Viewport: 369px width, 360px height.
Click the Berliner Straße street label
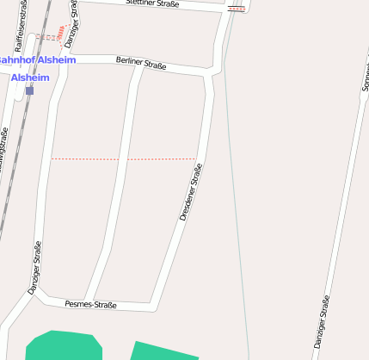click(x=140, y=63)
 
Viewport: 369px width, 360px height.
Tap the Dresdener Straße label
click(x=191, y=196)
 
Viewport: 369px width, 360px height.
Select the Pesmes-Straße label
click(x=90, y=304)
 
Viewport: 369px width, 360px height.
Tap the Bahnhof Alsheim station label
click(x=36, y=60)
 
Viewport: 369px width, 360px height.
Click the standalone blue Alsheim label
click(x=29, y=78)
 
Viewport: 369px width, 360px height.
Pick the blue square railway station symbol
click(x=29, y=90)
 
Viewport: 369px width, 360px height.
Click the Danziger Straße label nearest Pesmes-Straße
click(x=34, y=268)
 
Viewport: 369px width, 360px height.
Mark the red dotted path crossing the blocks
click(x=124, y=158)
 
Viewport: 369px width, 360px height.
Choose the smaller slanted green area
click(x=163, y=351)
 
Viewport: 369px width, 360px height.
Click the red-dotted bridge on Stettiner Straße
click(x=236, y=9)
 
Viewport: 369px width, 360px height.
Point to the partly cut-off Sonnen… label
click(x=365, y=73)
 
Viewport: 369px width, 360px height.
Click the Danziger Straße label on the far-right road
click(x=322, y=322)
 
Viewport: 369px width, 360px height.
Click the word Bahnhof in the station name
click(x=14, y=60)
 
